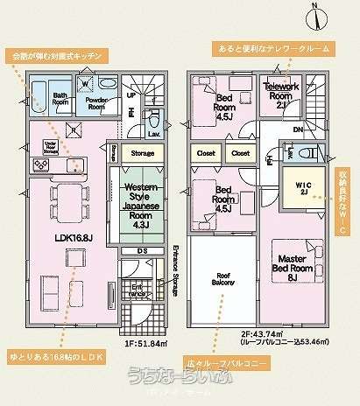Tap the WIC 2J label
[300, 186]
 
